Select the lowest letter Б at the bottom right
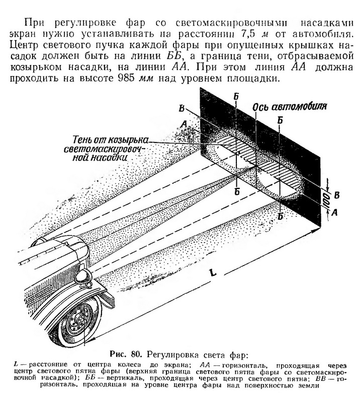pyautogui.click(x=280, y=216)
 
